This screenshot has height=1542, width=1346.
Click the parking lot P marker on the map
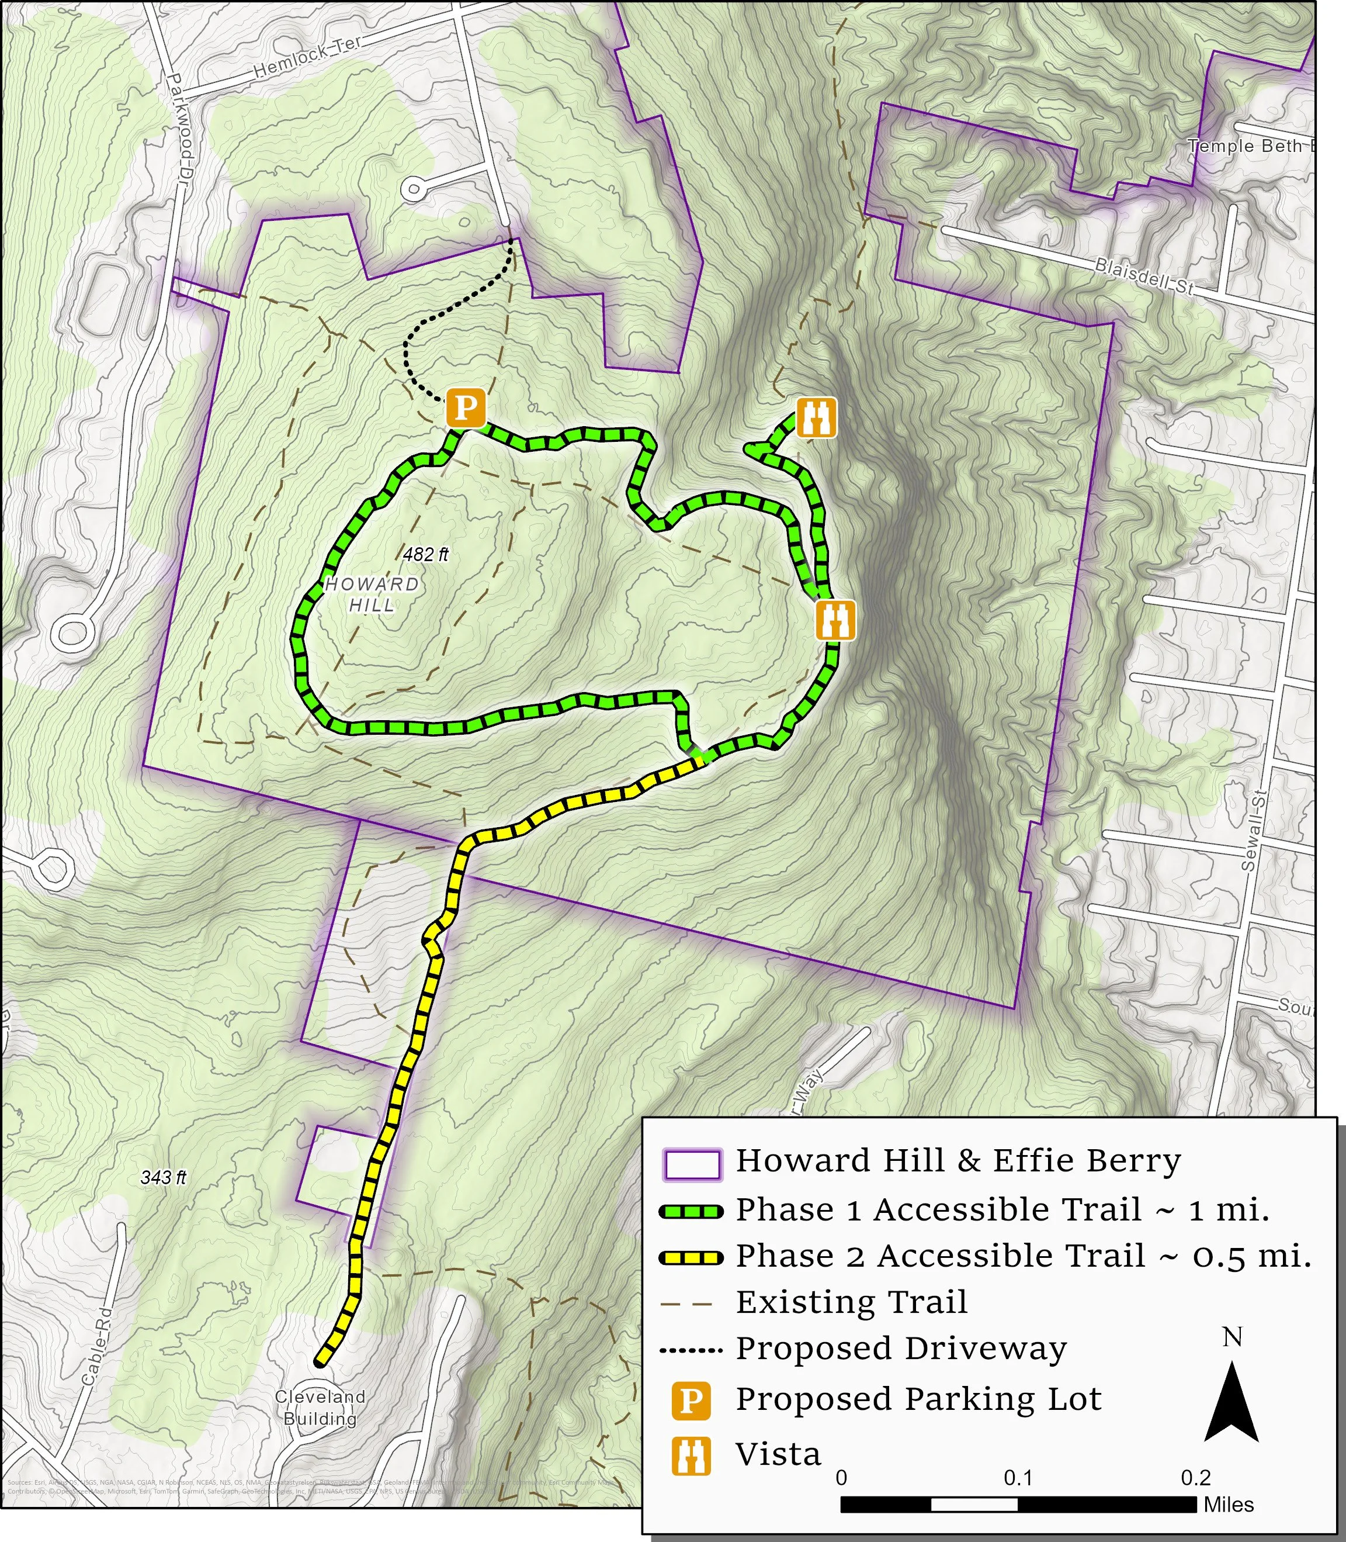click(466, 408)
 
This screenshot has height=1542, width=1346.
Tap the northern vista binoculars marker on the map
click(816, 418)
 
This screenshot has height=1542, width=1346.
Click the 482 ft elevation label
click(425, 555)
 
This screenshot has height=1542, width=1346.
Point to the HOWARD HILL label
click(372, 594)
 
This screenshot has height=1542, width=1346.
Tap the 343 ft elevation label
click(163, 1177)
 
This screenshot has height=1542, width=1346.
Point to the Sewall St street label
click(1248, 831)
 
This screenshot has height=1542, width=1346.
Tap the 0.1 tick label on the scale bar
click(1017, 1478)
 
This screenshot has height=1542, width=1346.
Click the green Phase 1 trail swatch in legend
click(691, 1211)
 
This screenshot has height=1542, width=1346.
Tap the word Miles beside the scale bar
click(1229, 1505)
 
